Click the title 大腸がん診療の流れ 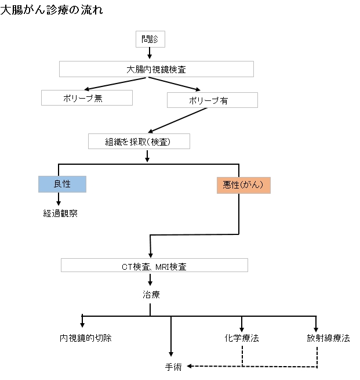pyautogui.click(x=52, y=9)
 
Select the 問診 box pyautogui.click(x=150, y=39)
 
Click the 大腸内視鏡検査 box pyautogui.click(x=157, y=68)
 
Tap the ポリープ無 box pyautogui.click(x=87, y=97)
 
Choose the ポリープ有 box pyautogui.click(x=212, y=100)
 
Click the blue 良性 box pyautogui.click(x=62, y=184)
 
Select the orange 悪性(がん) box pyautogui.click(x=243, y=185)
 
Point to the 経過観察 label pyautogui.click(x=60, y=213)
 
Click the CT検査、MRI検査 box pyautogui.click(x=154, y=266)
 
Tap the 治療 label pyautogui.click(x=151, y=294)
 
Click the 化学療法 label pyautogui.click(x=242, y=338)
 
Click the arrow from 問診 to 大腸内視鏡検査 pyautogui.click(x=150, y=53)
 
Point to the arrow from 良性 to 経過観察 pyautogui.click(x=59, y=199)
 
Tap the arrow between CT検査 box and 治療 pyautogui.click(x=150, y=280)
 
